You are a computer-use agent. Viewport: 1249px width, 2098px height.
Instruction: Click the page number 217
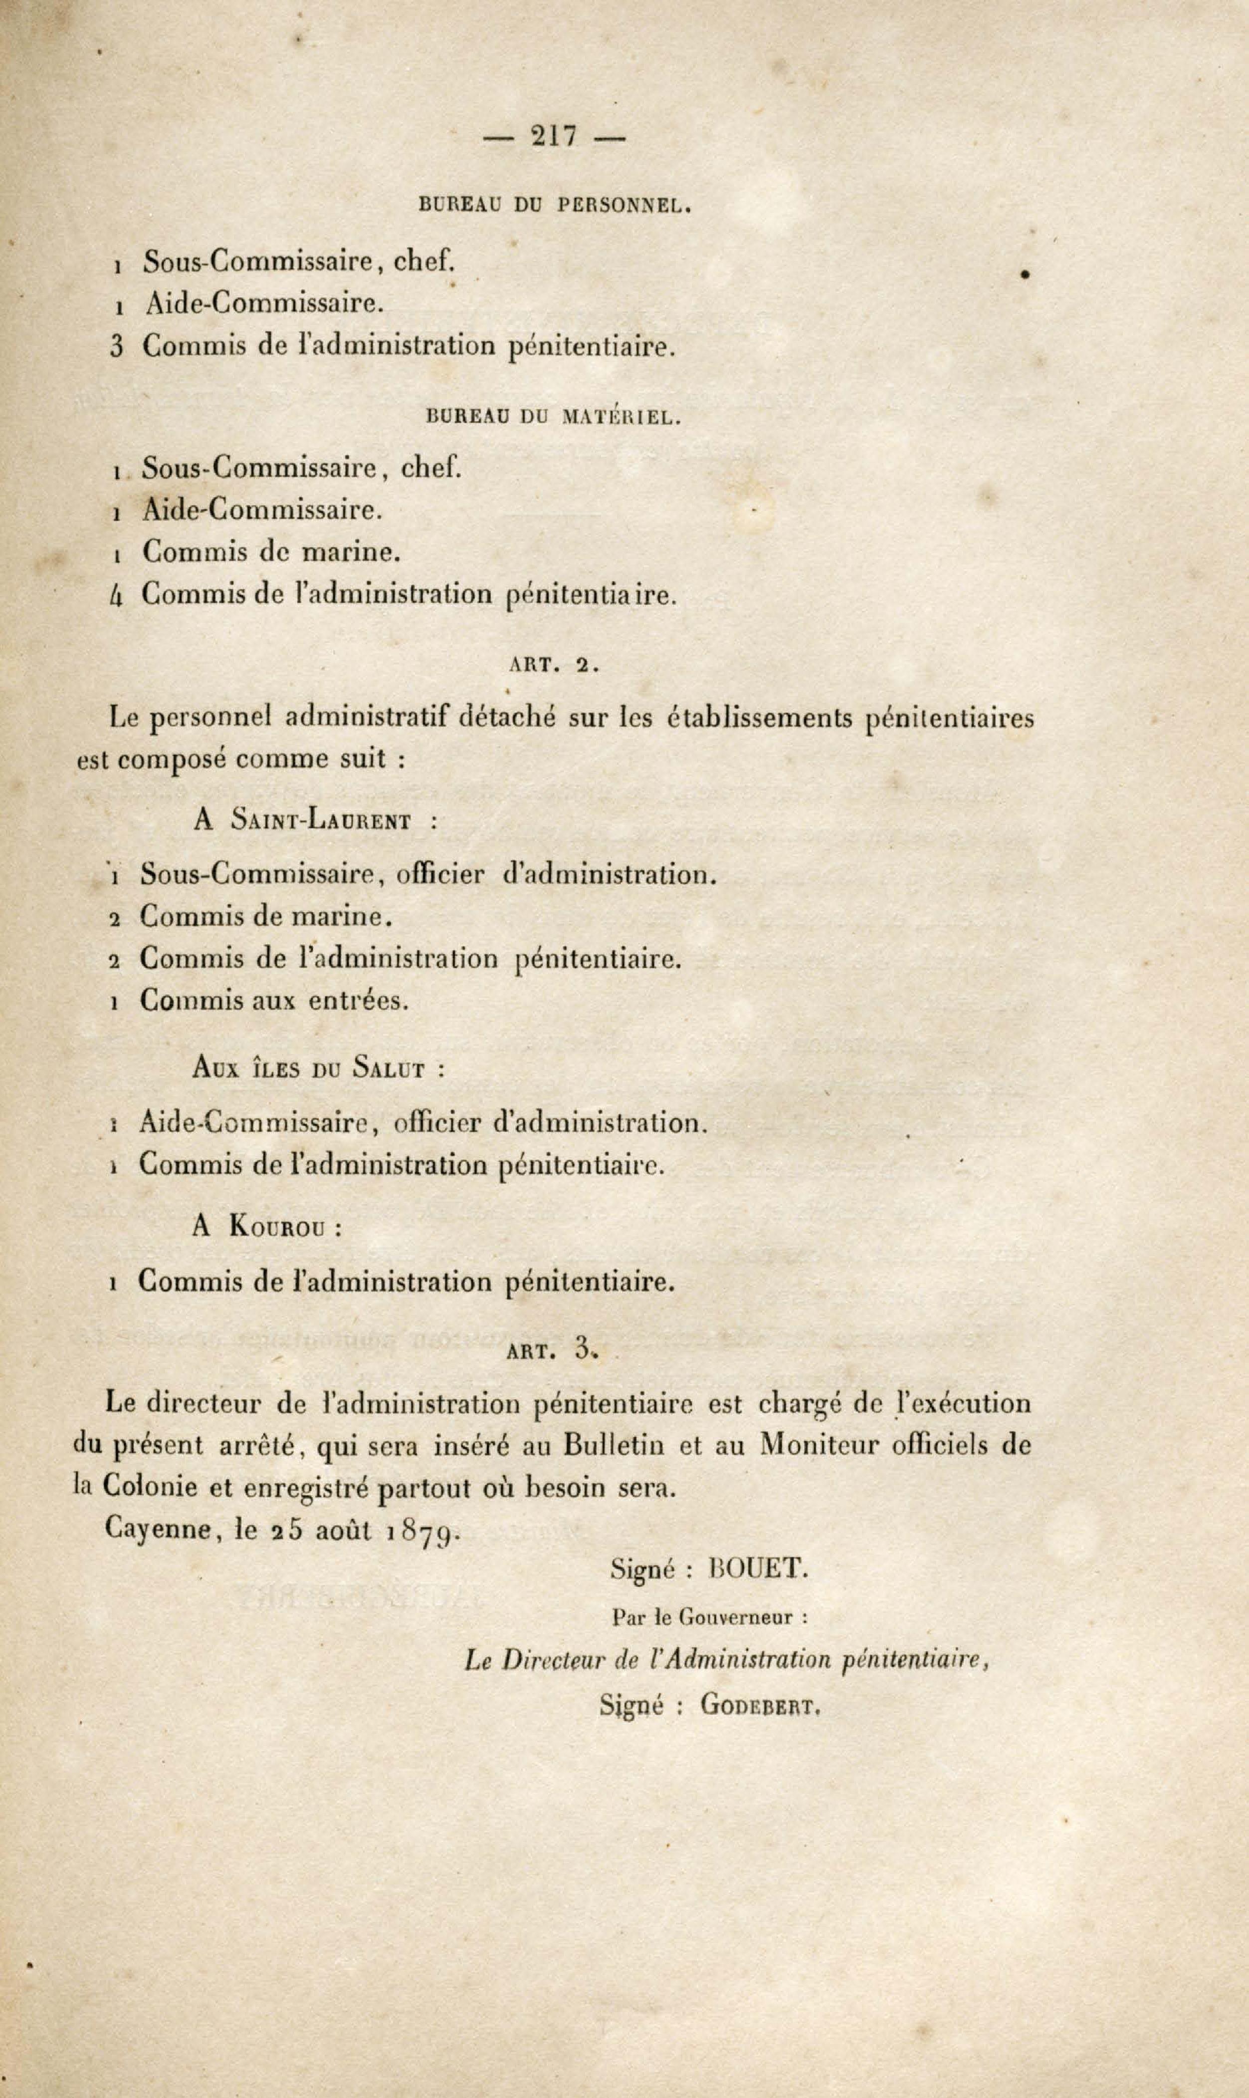(554, 136)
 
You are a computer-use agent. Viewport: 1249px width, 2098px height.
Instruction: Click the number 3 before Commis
(117, 346)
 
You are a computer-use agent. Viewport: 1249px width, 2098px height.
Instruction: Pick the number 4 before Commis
(117, 595)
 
